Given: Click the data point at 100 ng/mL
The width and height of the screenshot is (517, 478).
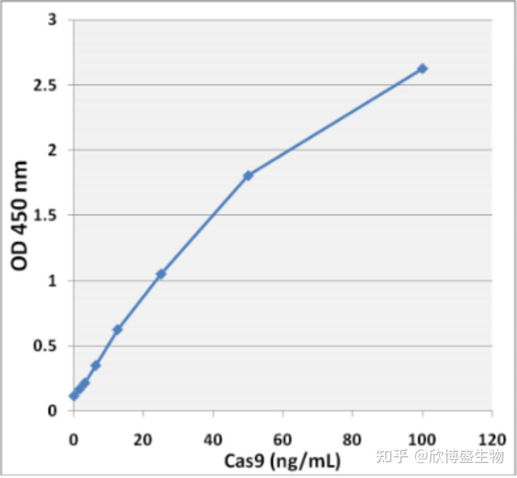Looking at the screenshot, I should [422, 69].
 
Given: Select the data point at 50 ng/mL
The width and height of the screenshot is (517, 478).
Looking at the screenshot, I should [248, 175].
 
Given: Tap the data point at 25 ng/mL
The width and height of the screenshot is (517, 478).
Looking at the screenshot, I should [161, 274].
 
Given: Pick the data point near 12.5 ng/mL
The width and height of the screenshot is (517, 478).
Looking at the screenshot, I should [118, 329].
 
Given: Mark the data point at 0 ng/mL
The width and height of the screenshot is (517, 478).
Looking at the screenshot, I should [74, 396].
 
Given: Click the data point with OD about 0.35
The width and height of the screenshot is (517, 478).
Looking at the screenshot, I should [95, 365].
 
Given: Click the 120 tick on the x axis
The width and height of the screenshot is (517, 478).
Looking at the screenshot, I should [491, 439].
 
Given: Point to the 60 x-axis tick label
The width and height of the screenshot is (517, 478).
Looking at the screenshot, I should [282, 439].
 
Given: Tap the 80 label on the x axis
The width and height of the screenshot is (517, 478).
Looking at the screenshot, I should [352, 439].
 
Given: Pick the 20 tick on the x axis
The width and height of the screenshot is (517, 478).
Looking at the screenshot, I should [143, 439].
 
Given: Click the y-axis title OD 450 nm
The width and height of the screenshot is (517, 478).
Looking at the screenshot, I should [20, 216].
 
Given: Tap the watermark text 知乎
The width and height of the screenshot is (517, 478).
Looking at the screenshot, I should [393, 457].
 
